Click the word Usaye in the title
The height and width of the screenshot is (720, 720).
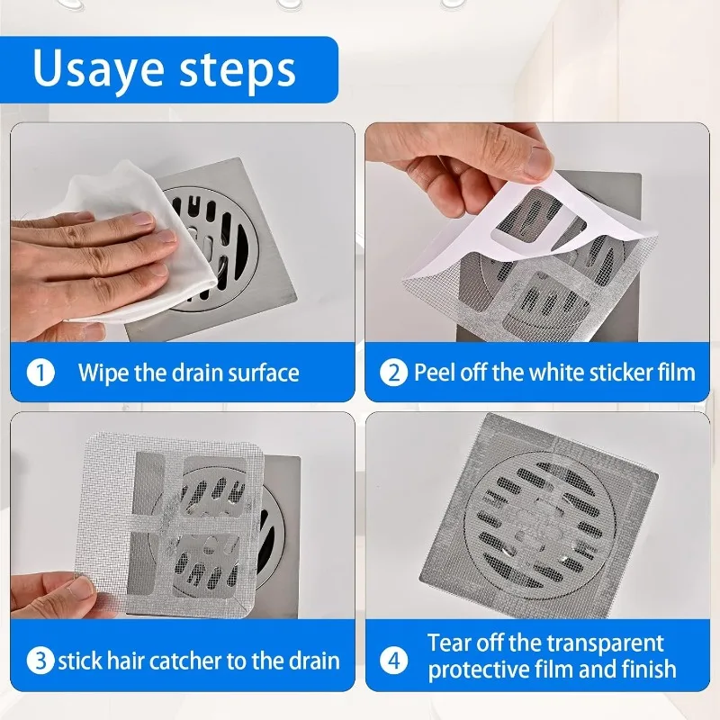(x=98, y=69)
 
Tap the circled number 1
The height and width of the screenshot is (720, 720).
(x=40, y=372)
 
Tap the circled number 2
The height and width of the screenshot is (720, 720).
(x=393, y=372)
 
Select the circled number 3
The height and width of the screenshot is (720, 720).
(x=39, y=661)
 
